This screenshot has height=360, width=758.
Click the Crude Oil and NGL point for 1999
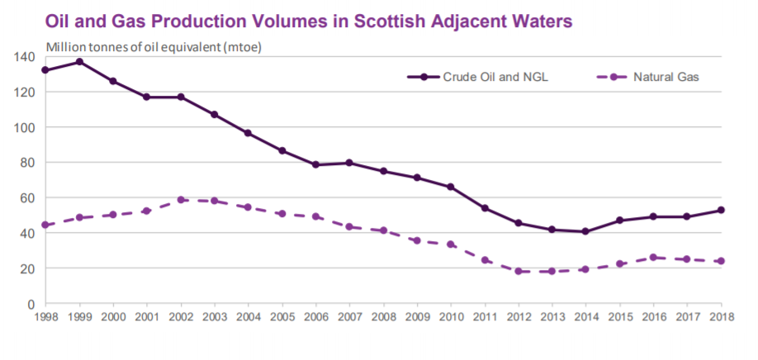pos(79,62)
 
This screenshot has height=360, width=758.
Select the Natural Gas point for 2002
pos(181,200)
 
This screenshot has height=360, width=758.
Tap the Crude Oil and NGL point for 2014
pos(586,231)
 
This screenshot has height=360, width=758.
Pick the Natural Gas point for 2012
pos(519,271)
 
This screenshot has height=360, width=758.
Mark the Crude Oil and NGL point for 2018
pos(721,210)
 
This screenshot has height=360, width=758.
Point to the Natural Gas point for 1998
pos(45,225)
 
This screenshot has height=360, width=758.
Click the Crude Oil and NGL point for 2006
pos(315,164)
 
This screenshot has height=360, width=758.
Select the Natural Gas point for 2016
pos(653,257)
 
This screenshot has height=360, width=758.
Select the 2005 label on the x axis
pos(282,318)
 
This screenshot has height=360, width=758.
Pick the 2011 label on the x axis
pos(485,318)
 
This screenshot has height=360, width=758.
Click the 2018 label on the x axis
pos(721,318)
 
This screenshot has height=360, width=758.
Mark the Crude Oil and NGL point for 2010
pos(451,187)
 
